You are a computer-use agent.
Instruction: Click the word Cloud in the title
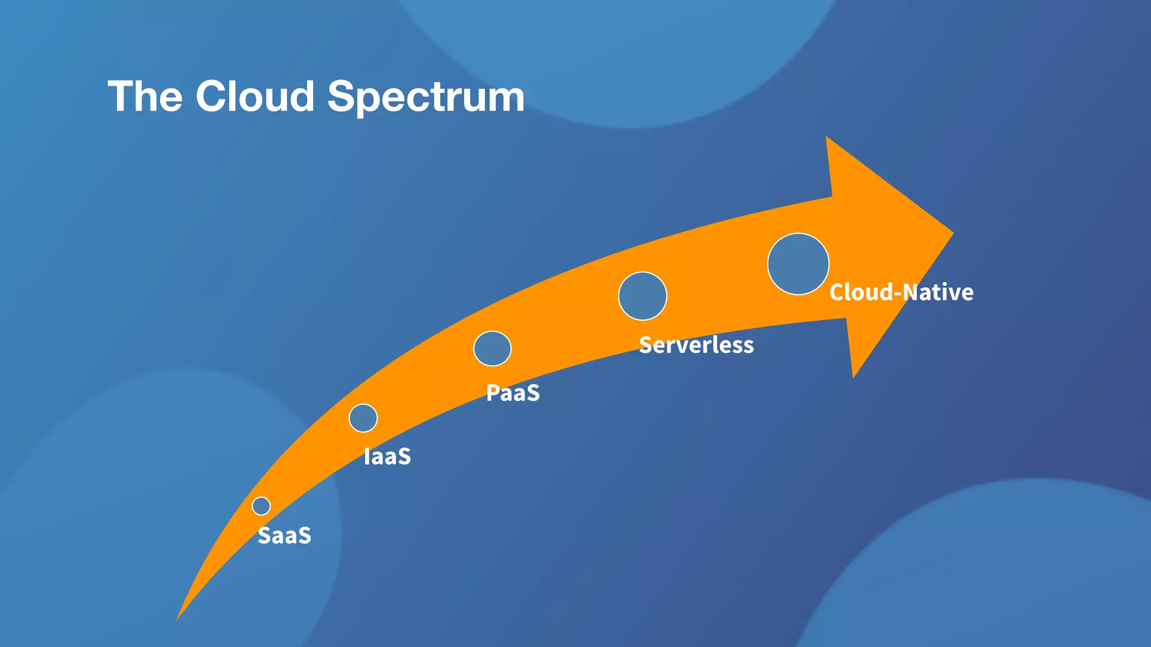255,96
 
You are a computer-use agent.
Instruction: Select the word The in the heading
145,96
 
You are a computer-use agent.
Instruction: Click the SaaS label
284,536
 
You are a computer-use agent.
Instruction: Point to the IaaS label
387,457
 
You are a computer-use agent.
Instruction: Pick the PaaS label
513,393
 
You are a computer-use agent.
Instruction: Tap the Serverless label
696,345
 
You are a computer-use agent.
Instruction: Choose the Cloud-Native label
901,293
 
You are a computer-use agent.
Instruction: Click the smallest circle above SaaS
261,506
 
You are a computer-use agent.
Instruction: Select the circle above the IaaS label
363,418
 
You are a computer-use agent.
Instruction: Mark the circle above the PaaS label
492,348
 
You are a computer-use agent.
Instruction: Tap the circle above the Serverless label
642,296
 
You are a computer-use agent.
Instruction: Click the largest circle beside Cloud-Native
798,264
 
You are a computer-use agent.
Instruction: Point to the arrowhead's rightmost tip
951,233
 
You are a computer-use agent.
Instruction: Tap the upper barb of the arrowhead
827,139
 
